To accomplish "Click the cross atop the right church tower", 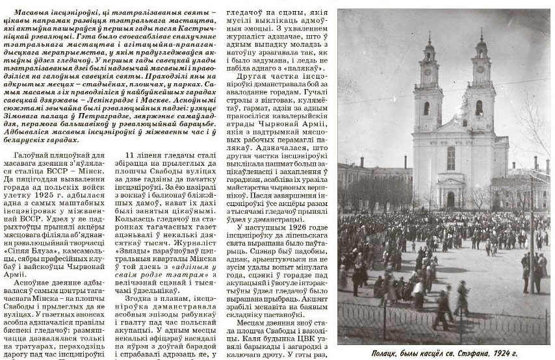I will [481, 32].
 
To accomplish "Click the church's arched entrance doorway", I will [450, 199].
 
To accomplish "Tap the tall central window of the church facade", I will [450, 158].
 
